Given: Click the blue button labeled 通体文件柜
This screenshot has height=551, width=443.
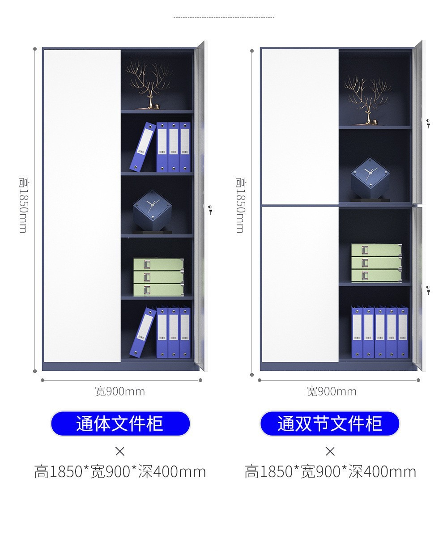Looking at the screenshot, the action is [x=120, y=424].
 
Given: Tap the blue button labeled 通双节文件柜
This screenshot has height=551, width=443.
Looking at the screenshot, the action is [x=330, y=424].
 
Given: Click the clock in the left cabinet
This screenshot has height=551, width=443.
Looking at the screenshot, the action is [x=152, y=210].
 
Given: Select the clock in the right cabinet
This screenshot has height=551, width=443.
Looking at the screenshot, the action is [x=370, y=178].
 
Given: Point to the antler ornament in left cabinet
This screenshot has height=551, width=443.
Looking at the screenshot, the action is [x=148, y=85].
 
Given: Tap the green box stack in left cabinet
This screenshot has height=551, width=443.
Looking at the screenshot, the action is [x=158, y=276].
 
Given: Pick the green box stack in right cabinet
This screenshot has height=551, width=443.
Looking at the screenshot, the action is [x=376, y=263].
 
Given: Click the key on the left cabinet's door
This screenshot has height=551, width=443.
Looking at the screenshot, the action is [x=209, y=209].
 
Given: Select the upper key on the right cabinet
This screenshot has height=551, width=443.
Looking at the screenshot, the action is [x=428, y=123].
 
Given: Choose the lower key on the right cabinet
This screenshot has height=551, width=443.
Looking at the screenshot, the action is [x=428, y=290].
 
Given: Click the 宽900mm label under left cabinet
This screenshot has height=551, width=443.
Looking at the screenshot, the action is [x=120, y=391].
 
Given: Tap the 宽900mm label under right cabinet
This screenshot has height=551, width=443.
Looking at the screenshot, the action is [x=332, y=391].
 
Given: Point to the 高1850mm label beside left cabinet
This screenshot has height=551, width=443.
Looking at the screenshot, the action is [x=23, y=204].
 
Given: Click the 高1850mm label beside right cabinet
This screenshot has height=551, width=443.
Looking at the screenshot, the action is [x=240, y=204].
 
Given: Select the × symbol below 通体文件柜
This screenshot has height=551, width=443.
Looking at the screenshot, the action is [x=120, y=451].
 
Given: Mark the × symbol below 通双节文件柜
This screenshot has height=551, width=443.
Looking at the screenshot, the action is [x=330, y=451].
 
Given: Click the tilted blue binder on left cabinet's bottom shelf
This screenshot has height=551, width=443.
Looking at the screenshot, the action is [x=143, y=332].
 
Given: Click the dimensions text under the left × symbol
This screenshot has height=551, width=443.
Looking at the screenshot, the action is [x=120, y=472].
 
